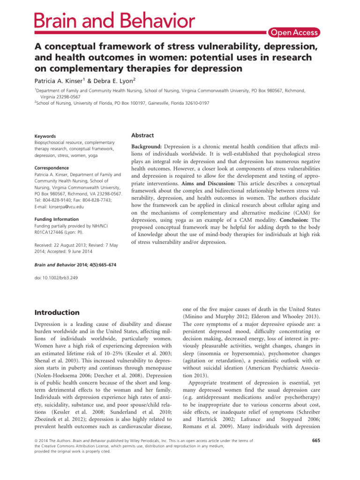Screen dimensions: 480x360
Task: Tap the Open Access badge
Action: [293, 32]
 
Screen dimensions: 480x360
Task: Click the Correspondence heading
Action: [48, 167]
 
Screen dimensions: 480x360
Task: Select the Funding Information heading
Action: [55, 218]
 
